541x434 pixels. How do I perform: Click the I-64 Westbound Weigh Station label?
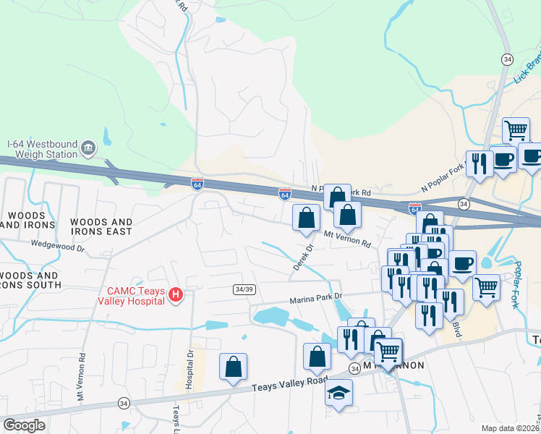coord(41,149)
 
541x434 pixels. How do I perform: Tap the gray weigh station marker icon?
coord(89,148)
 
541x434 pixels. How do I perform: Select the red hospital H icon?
coord(175,294)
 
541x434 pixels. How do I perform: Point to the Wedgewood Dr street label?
coord(58,247)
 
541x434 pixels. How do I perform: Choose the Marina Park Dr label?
coord(315,297)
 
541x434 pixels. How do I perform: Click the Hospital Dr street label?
coord(189,369)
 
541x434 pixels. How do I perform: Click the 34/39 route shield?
coord(244,289)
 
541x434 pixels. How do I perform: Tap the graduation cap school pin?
coord(338,393)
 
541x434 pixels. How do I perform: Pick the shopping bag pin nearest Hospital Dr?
coord(233,367)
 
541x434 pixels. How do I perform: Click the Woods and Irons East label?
coord(101,227)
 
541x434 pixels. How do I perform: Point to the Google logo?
coord(24,425)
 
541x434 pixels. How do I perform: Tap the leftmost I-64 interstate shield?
coord(197,184)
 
